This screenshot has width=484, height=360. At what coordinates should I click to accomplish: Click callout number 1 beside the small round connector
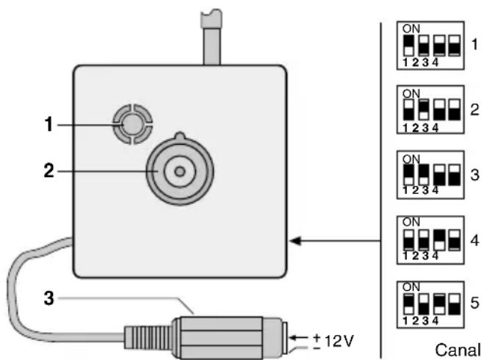(48, 126)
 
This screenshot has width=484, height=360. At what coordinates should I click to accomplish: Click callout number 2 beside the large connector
(48, 171)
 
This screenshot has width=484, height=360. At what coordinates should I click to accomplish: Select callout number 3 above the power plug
(48, 300)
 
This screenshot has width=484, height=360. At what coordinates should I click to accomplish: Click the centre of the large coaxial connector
(178, 171)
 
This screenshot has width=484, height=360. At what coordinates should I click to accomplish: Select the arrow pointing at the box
(338, 240)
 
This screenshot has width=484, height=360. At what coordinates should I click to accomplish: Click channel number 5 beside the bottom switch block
(474, 301)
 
